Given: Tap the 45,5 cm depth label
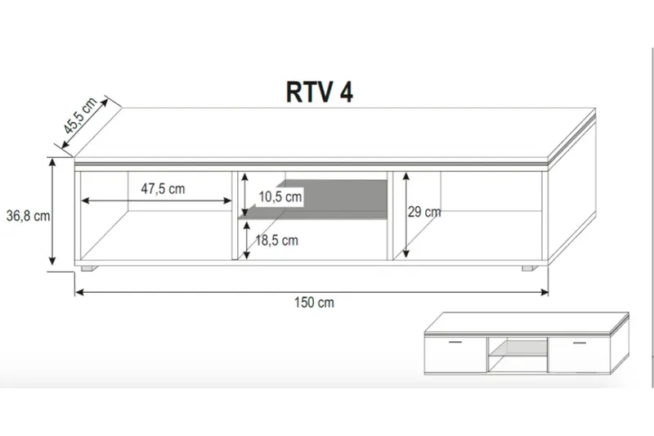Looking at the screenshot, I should pos(81,115).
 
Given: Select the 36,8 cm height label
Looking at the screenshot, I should pos(28,216).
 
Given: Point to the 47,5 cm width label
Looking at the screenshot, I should pos(163,188).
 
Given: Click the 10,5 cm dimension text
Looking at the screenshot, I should pos(280,197).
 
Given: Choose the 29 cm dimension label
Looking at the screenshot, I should pos(424,213).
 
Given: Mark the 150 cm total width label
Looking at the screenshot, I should pos(314,302).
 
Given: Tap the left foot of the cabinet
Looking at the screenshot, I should pos(88,267).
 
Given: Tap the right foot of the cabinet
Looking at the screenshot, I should pos(529,267).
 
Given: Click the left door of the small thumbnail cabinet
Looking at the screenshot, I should pos(455,353).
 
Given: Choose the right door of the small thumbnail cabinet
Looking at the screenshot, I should pos(579,353).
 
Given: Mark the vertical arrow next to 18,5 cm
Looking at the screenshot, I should pos(244,240).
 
